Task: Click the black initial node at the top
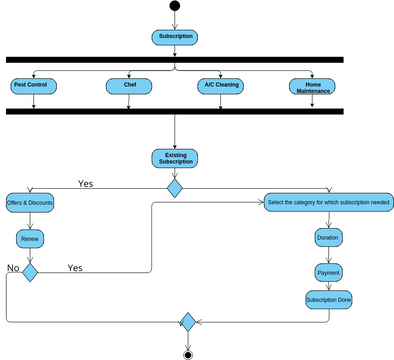(175, 6)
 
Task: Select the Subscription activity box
(175, 37)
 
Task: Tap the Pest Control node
(33, 85)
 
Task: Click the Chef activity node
(129, 85)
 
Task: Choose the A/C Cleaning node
(221, 85)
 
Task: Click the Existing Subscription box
(175, 158)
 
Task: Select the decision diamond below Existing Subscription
(175, 188)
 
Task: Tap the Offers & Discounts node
(30, 202)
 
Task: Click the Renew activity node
(30, 239)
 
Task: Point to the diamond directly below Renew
(30, 272)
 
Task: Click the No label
(13, 268)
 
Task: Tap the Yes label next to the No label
(75, 268)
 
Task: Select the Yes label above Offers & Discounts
(86, 183)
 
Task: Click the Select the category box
(329, 202)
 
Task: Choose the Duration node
(328, 238)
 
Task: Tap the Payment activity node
(328, 272)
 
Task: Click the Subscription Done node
(328, 299)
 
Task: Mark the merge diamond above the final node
(187, 322)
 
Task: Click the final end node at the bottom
(187, 353)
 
